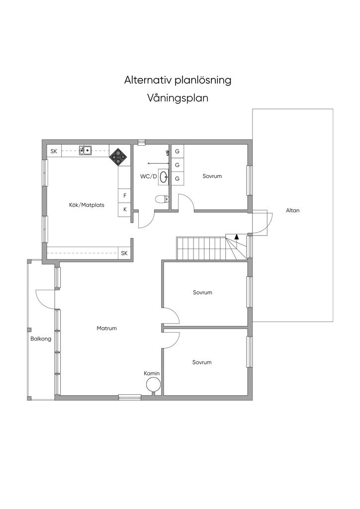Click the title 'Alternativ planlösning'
click(178, 80)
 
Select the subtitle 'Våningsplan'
click(178, 98)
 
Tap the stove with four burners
click(118, 157)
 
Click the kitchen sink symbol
click(86, 150)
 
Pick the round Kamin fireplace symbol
click(153, 384)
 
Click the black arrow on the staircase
click(237, 237)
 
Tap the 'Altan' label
click(292, 210)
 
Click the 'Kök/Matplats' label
click(87, 204)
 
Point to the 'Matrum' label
click(106, 328)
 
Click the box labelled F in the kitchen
click(125, 195)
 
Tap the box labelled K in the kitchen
click(125, 209)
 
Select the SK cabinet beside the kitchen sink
click(54, 151)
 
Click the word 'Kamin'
click(152, 373)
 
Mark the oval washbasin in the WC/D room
click(163, 176)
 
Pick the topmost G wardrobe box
click(177, 151)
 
